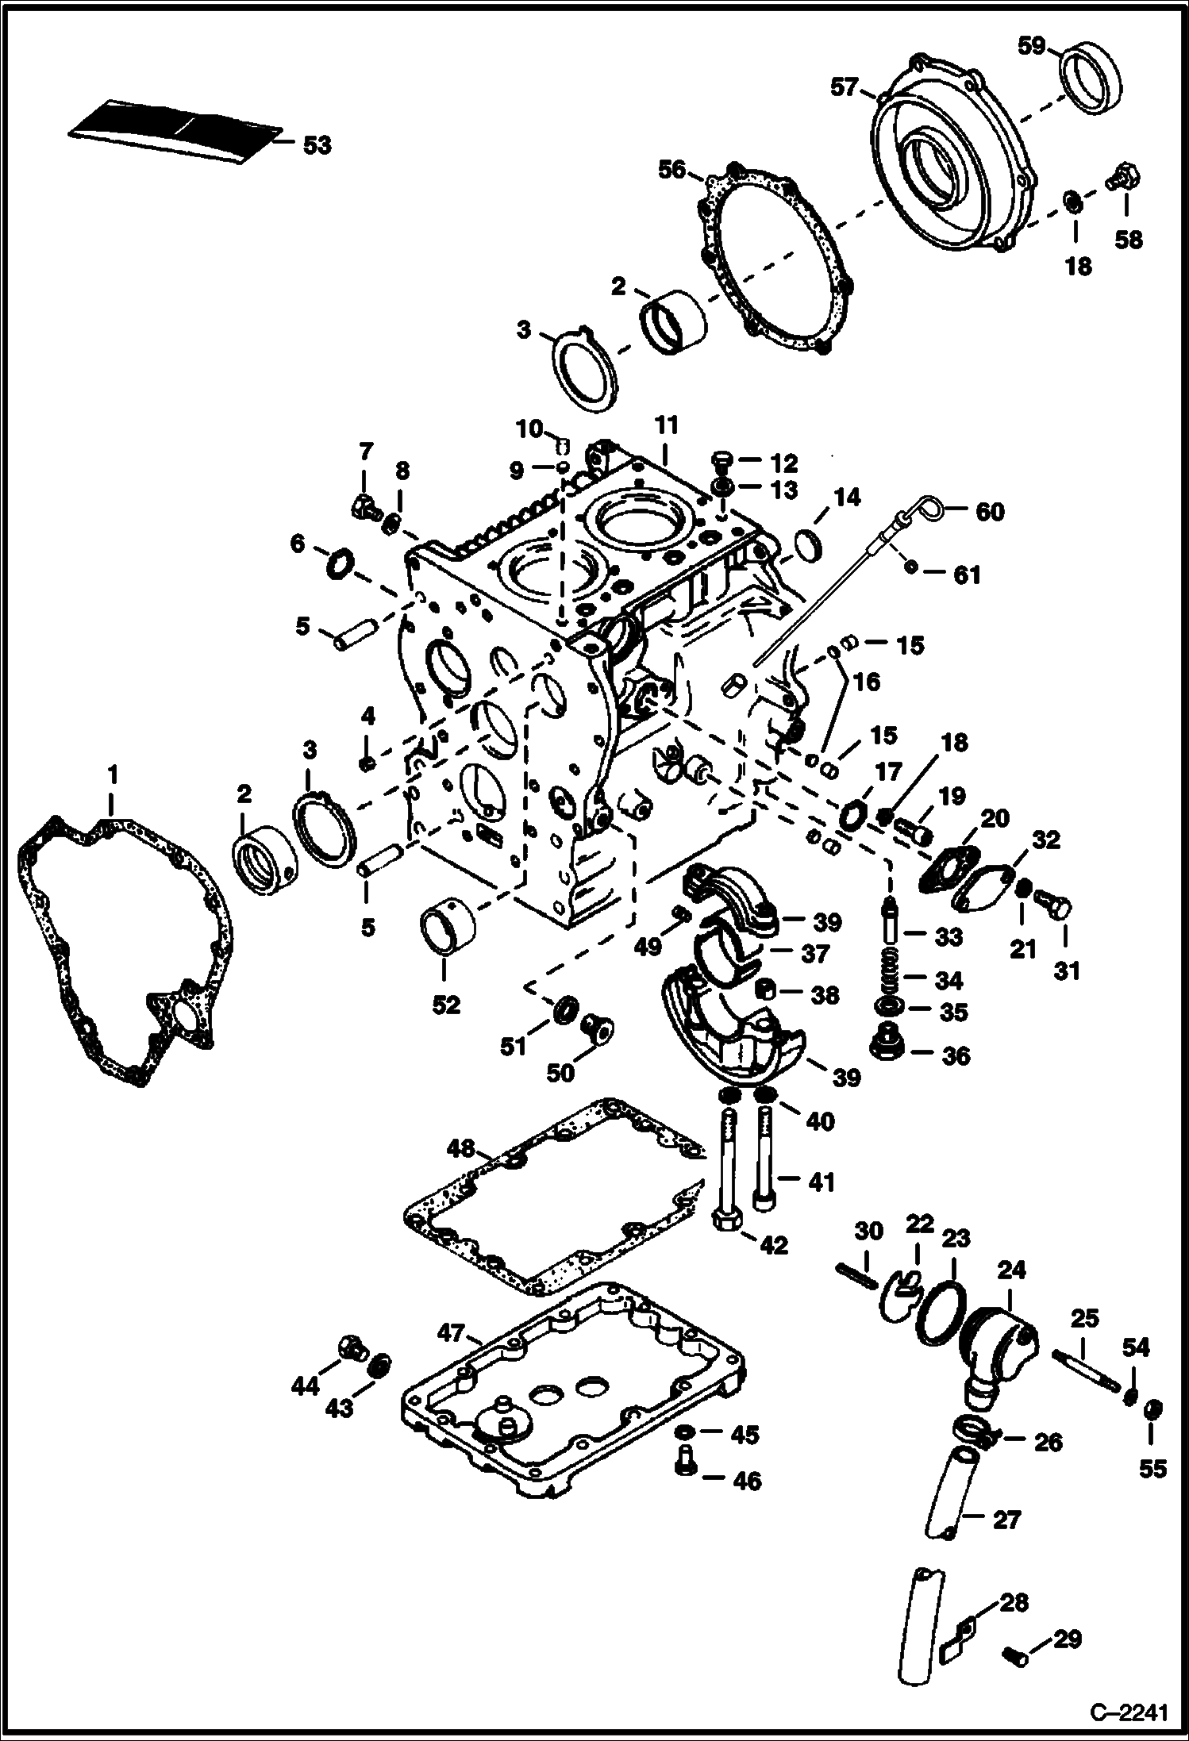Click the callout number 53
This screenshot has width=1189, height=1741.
tap(316, 146)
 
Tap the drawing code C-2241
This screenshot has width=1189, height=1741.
tap(1128, 1708)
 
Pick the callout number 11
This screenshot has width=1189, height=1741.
tap(667, 426)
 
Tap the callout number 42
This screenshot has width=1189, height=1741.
tap(773, 1245)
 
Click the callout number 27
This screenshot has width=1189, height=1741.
tap(1008, 1519)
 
